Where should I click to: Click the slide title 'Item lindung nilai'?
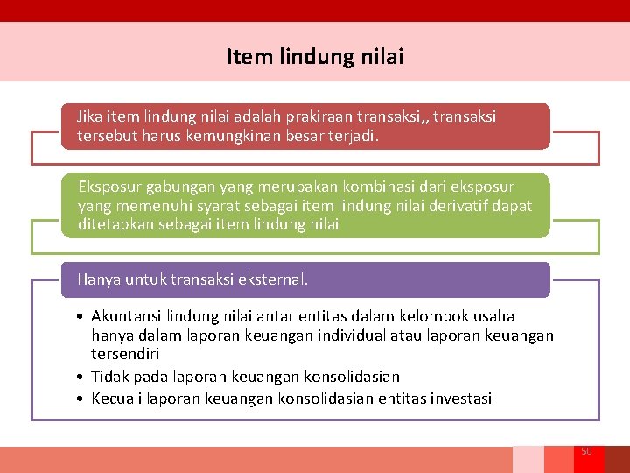click(315, 57)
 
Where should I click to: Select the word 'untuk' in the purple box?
click(143, 280)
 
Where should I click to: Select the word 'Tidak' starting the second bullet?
click(109, 377)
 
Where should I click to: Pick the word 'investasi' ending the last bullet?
click(460, 399)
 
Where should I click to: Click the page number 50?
click(587, 451)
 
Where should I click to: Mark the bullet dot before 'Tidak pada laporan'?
click(80, 377)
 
